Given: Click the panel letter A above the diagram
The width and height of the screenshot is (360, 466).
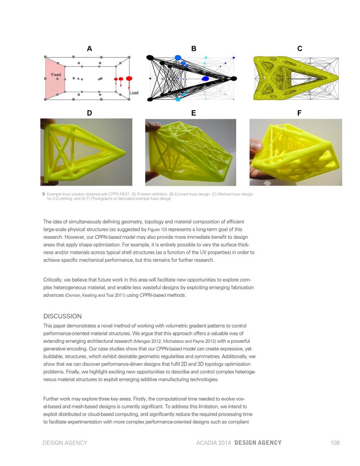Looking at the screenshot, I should pos(89,49).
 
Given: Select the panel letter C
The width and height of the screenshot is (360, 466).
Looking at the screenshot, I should pos(300,49).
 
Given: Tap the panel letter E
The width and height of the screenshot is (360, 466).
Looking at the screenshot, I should pos(194,113).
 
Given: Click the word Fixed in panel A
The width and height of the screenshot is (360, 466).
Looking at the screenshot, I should pos(56,75).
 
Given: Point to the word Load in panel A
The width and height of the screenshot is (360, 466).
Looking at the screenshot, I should pos(134,93).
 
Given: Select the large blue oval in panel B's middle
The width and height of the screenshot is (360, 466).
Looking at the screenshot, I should pos(206,79).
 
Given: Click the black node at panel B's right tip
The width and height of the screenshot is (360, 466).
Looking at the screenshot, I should pos(234,79).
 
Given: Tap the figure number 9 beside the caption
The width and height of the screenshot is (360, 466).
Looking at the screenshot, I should pos(44,194).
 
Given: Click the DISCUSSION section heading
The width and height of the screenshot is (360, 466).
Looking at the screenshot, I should pos(62,316).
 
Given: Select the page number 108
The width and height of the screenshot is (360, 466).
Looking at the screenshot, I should pos(335,443).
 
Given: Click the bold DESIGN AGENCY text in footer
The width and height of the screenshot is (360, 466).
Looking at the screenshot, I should pos(258,443).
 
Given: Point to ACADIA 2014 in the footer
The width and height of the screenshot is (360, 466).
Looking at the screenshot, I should pos(213,443).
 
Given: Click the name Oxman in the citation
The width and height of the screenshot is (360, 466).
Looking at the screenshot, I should pos(73,295).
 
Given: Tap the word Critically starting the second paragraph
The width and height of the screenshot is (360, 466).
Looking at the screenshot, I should pos(53,280).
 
